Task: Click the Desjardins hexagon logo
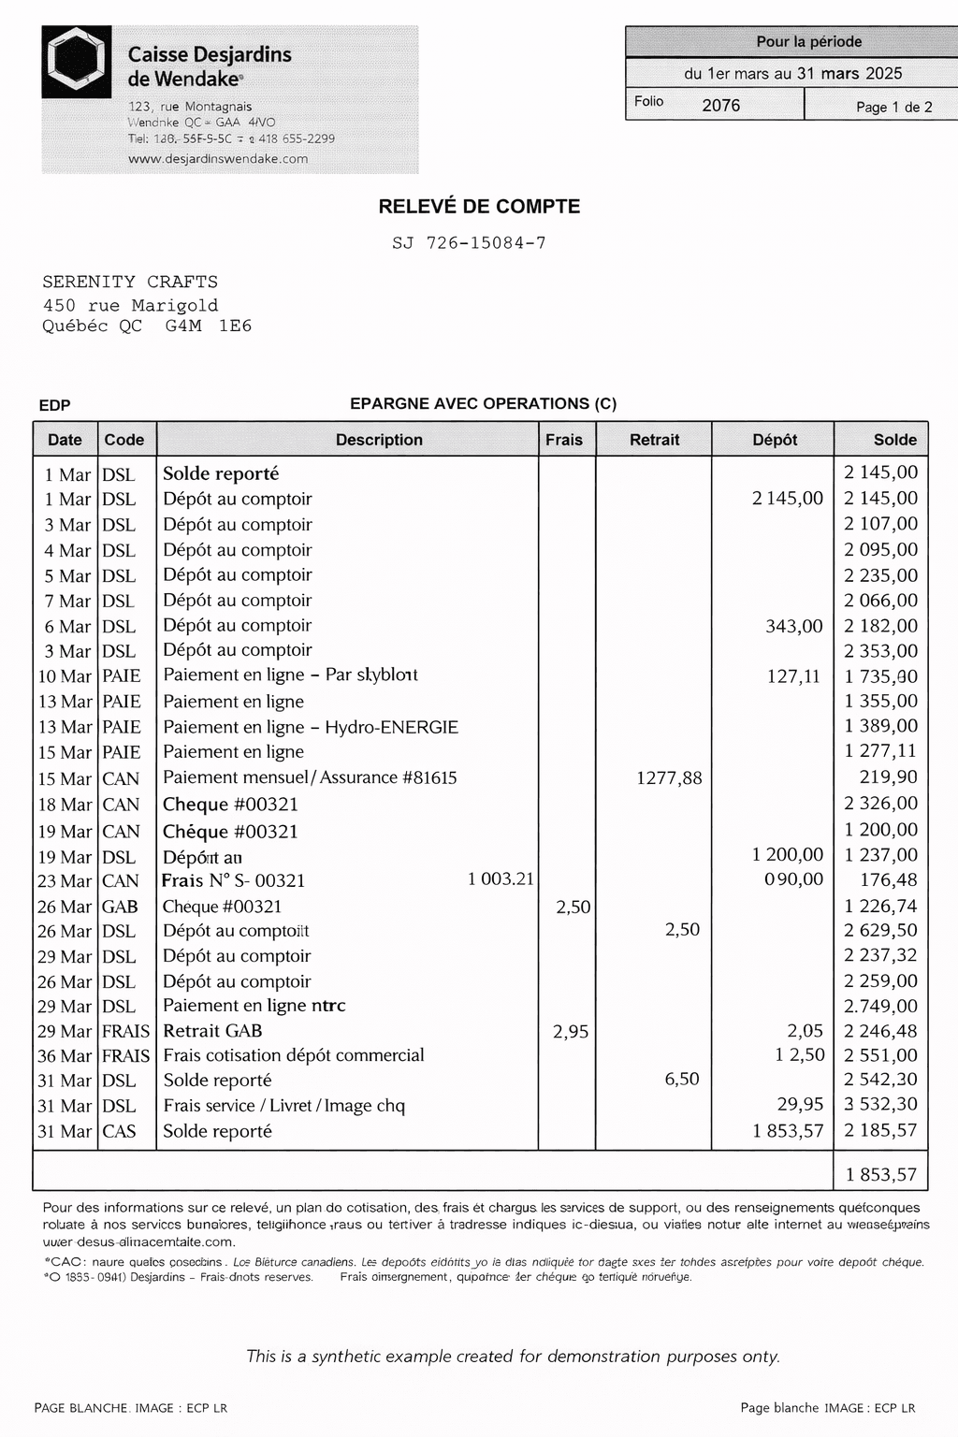click(77, 62)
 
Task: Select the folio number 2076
click(720, 106)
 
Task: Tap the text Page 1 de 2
click(893, 107)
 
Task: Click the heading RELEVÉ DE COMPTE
click(479, 207)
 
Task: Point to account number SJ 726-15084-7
click(469, 243)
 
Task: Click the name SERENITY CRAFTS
click(130, 282)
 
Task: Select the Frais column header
click(564, 440)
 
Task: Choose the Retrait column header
click(654, 440)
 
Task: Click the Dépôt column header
click(775, 440)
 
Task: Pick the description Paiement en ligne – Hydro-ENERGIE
click(311, 727)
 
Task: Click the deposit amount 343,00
click(793, 626)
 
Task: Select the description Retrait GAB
click(212, 1031)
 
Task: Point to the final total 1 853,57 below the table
click(880, 1174)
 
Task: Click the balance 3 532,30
click(880, 1105)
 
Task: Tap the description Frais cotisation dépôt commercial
click(293, 1055)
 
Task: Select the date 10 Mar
click(65, 676)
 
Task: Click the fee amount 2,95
click(571, 1032)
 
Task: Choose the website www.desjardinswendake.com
click(218, 159)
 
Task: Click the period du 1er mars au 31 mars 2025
click(792, 74)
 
